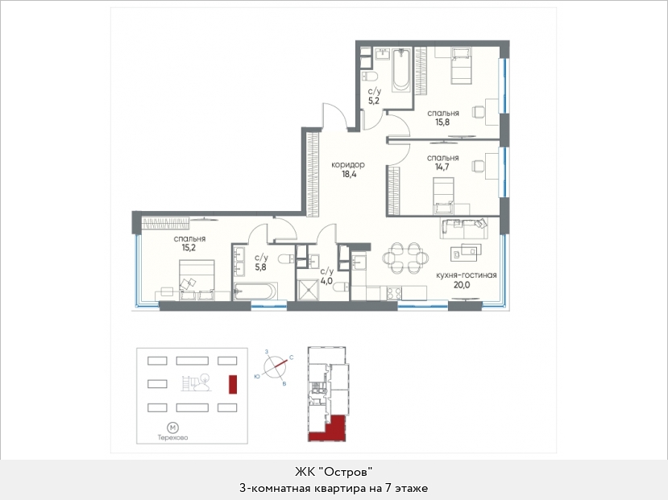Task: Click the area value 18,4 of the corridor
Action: pos(348,174)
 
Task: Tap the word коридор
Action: pos(348,165)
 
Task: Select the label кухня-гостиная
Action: pos(466,275)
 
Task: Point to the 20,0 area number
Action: pos(462,285)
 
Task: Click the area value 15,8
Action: pos(442,122)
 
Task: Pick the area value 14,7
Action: pos(442,167)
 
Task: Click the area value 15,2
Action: pos(189,248)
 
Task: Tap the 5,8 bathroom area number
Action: pos(261,267)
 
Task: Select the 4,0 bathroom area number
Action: pos(326,281)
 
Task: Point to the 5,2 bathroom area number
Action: pos(374,101)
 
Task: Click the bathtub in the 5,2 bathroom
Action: pos(402,70)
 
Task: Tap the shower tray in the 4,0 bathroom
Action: pos(308,290)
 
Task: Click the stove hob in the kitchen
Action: pos(394,293)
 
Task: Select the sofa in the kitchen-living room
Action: pos(464,229)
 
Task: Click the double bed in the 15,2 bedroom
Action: pos(197,279)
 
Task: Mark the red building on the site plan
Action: pos(233,384)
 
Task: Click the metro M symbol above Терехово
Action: pos(172,428)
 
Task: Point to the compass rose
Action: pos(276,366)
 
